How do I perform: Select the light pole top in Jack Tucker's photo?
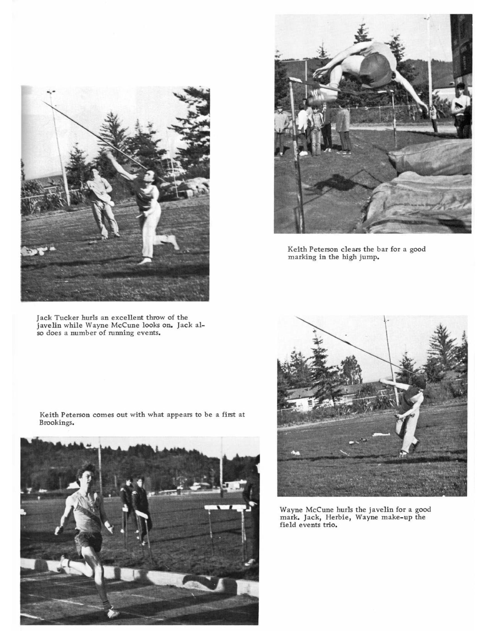pos(51,92)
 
